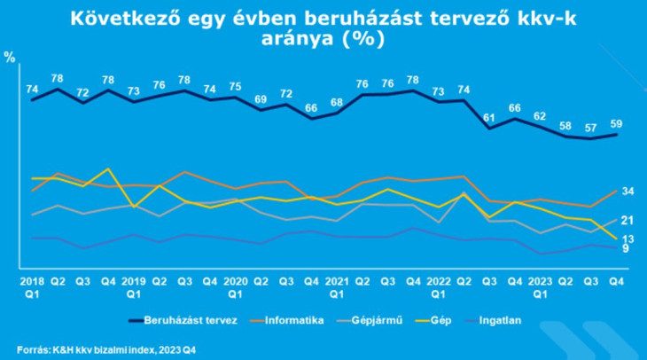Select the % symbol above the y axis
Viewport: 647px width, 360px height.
tap(10, 58)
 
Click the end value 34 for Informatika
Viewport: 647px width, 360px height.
tap(628, 192)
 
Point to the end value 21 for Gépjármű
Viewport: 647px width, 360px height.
tap(628, 220)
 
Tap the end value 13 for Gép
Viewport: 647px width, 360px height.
tap(628, 239)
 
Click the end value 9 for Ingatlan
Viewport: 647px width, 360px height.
tap(625, 249)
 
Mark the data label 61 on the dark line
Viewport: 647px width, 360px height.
tap(489, 116)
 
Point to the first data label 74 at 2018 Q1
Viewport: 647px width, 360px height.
tap(32, 89)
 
